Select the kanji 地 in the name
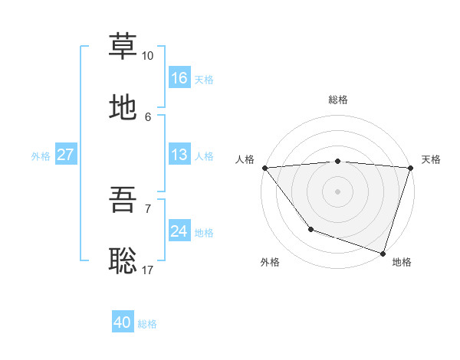click(123, 107)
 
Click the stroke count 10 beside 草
click(147, 56)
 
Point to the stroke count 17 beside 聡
click(148, 270)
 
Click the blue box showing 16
click(179, 78)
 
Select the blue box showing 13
click(179, 155)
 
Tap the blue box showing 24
click(179, 231)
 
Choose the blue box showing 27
click(66, 155)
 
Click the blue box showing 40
click(123, 322)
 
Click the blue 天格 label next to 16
click(204, 79)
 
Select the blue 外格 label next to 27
click(41, 155)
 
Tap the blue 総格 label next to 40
click(147, 323)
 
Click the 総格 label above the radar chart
click(338, 100)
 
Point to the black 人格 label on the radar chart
click(244, 159)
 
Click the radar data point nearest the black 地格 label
click(383, 253)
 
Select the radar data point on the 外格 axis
click(310, 229)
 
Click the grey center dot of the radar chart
click(338, 191)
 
